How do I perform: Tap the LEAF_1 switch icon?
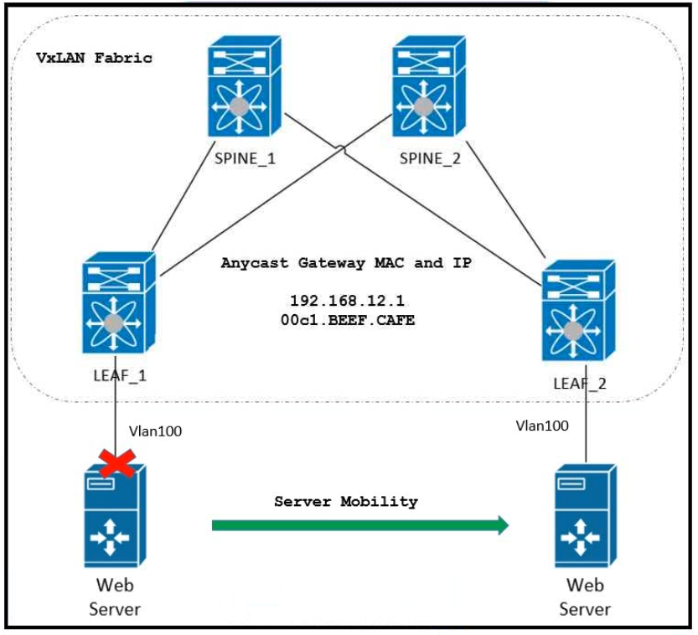coord(119,307)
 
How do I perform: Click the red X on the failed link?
coord(116,462)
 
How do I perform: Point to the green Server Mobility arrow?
coord(360,525)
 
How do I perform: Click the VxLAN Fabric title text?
coord(94,58)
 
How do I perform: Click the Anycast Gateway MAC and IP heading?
coord(346,263)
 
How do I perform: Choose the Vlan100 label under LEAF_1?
coord(155,431)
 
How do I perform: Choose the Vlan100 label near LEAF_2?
coord(542,426)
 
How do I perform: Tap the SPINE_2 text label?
coord(430,159)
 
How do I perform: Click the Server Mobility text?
coord(346,502)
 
